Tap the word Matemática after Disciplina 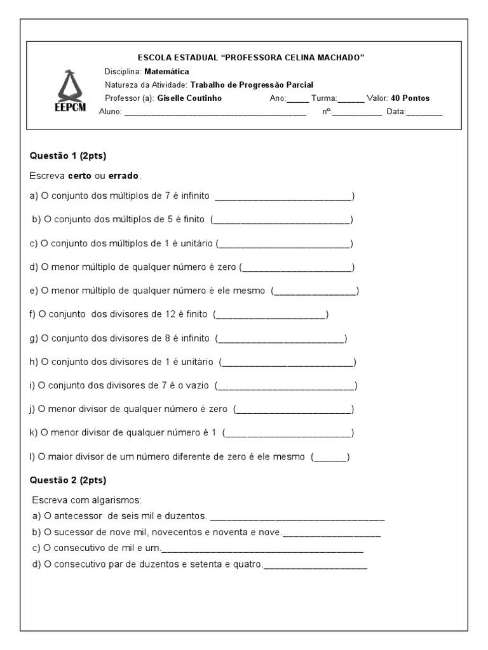coord(166,72)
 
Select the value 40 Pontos coord(410,98)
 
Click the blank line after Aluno coord(215,113)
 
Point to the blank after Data coord(424,113)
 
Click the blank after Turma coord(351,99)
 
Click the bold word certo coord(80,175)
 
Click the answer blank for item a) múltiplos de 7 coord(283,197)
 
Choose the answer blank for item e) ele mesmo coord(315,291)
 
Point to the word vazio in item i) coord(197,386)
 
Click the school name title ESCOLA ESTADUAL coord(251,58)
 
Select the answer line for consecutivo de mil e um coord(262,548)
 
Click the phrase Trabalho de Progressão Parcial coord(252,85)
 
